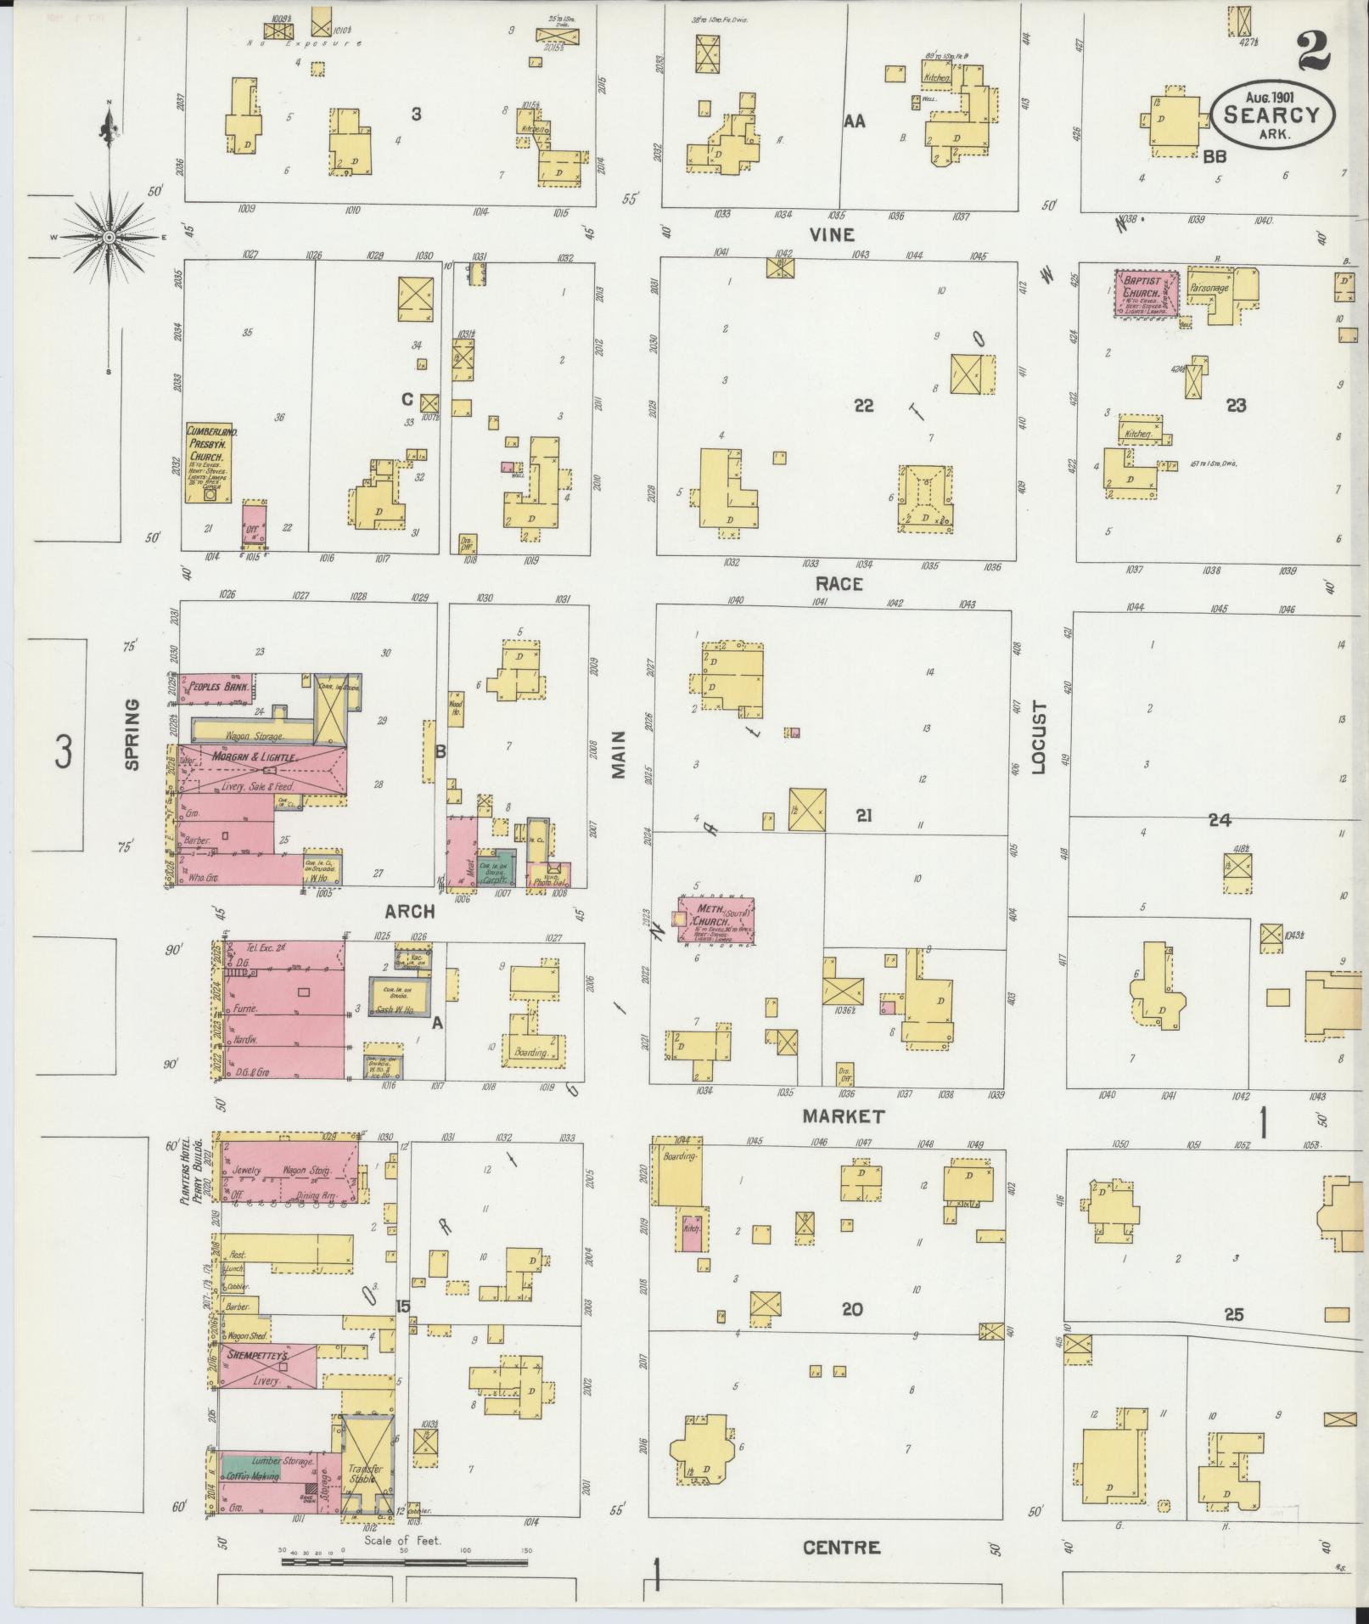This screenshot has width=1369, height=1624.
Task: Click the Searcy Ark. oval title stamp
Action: pyautogui.click(x=1273, y=117)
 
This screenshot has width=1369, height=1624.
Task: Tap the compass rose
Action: pyautogui.click(x=109, y=237)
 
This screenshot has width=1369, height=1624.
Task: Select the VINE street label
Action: pyautogui.click(x=831, y=234)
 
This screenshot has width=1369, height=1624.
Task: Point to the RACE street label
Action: pyautogui.click(x=839, y=583)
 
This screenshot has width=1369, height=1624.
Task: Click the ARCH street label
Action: pyautogui.click(x=410, y=911)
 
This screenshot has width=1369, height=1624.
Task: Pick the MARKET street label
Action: pyautogui.click(x=844, y=1116)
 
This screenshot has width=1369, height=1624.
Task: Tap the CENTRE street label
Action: pyautogui.click(x=841, y=1548)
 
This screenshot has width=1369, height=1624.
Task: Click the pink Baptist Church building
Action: pyautogui.click(x=1146, y=294)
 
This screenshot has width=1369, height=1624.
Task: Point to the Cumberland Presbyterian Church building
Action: pyautogui.click(x=210, y=464)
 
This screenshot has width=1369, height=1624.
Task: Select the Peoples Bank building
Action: pyautogui.click(x=216, y=686)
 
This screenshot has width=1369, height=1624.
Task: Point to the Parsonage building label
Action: pyautogui.click(x=1209, y=288)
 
